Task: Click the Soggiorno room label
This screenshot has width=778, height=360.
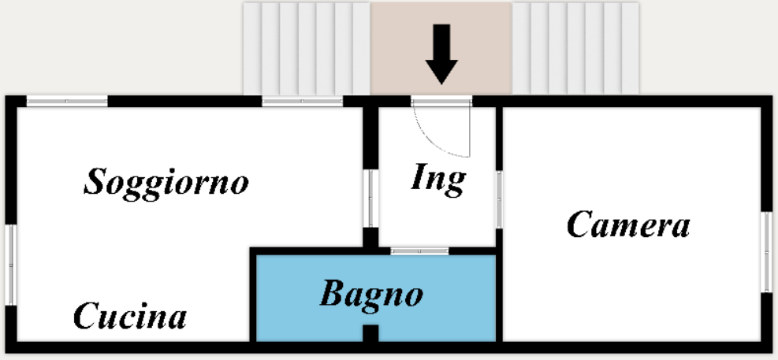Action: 166,183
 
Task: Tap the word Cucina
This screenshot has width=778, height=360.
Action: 130,317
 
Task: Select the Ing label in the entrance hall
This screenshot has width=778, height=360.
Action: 438,180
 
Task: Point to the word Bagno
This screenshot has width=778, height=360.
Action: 371,295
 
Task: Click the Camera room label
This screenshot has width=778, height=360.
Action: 628,225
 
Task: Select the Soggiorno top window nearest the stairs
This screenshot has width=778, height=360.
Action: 302,101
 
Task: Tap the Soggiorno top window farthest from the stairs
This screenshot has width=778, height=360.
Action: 67,101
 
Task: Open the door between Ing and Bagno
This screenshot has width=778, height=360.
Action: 419,251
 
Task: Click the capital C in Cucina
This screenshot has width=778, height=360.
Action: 84,317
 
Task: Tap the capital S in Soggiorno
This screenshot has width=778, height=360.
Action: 96,183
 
